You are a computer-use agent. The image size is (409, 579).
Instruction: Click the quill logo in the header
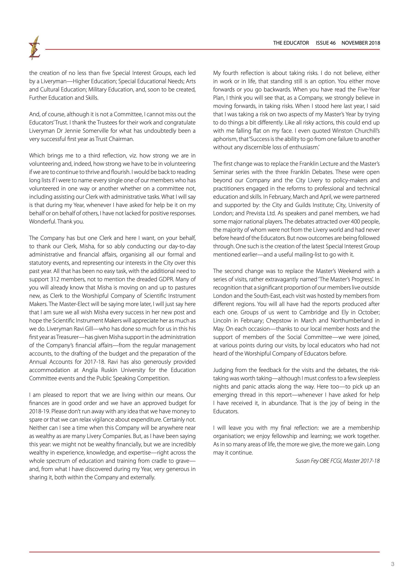click(x=35, y=48)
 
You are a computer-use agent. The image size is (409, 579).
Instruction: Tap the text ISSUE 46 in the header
click(x=326, y=43)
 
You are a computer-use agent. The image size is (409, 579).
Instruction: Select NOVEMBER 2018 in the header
click(x=361, y=43)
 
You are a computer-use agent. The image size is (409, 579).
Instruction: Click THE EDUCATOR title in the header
click(x=291, y=43)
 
